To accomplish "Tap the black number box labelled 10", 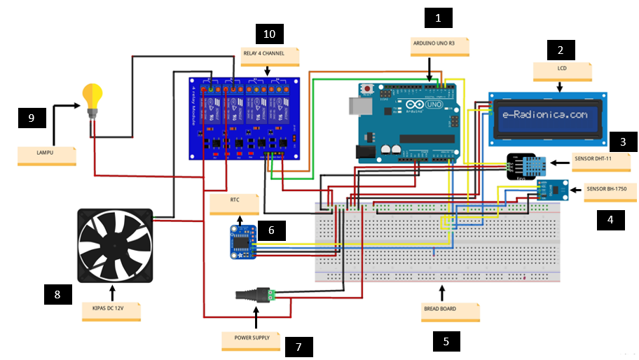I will click(270, 34).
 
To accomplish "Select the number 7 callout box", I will click(298, 346).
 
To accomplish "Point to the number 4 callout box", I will click(610, 220).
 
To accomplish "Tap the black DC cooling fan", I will click(114, 245).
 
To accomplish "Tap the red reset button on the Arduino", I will click(366, 89).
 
